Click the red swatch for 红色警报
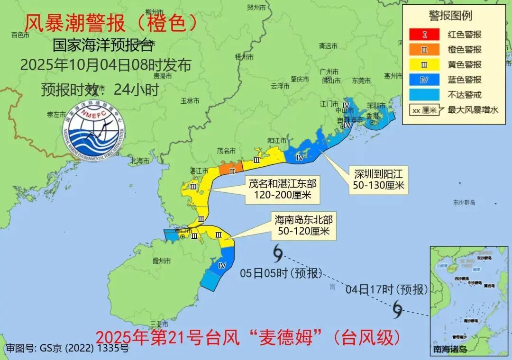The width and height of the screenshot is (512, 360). tap(424, 34)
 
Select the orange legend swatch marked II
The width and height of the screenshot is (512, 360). tap(424, 49)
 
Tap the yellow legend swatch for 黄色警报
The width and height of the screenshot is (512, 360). tap(424, 64)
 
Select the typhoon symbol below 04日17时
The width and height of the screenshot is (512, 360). tap(397, 310)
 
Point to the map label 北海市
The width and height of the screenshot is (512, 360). tap(139, 161)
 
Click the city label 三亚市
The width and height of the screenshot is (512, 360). tap(158, 324)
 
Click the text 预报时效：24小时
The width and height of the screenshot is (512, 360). tap(100, 90)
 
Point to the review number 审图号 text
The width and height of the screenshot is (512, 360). tap(67, 349)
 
